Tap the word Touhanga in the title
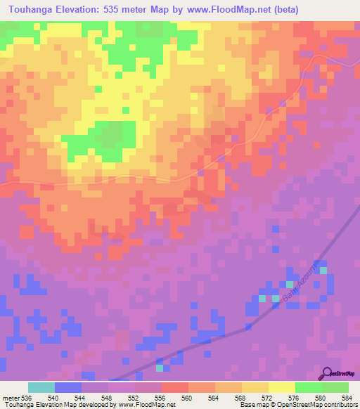[x=30, y=10]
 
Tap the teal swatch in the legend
[x=41, y=387]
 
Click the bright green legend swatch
[x=308, y=387]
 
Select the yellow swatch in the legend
[x=281, y=387]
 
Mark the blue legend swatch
[x=68, y=387]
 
